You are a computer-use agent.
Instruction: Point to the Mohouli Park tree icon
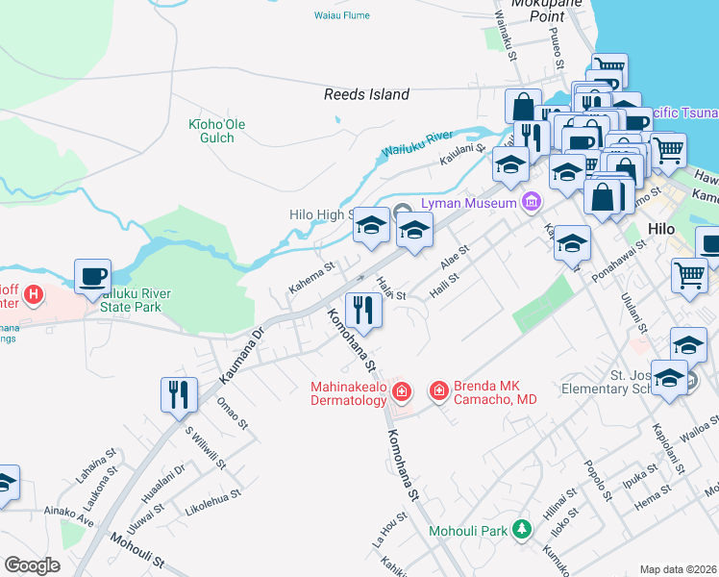click(x=521, y=529)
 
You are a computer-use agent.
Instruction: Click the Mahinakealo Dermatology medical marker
click(x=401, y=391)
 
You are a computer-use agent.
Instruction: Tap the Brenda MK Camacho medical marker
click(x=438, y=391)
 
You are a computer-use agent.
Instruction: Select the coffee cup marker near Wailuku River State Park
click(x=92, y=277)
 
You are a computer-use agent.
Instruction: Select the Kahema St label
click(x=311, y=277)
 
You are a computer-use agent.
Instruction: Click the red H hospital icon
click(x=35, y=293)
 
